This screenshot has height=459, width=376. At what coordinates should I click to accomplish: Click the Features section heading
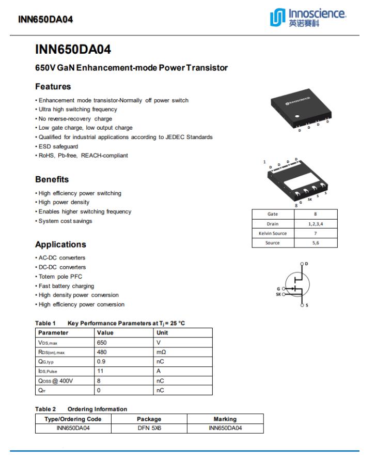point(53,86)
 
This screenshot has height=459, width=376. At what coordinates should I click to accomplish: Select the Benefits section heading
point(52,179)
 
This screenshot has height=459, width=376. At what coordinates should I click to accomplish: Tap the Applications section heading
point(60,244)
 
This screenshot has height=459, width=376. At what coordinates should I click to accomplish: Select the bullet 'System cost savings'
point(65,221)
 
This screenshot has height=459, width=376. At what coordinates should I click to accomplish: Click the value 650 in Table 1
point(102,342)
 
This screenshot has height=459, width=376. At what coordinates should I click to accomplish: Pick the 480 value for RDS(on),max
point(102,352)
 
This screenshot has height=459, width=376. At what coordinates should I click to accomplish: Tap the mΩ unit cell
point(161,352)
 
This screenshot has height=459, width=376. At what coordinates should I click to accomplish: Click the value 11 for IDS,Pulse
point(100,371)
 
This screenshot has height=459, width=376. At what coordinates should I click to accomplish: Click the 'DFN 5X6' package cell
point(149,428)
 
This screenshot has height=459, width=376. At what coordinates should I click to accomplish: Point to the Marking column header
point(225,419)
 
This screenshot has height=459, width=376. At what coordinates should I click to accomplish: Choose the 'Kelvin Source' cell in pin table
point(273,233)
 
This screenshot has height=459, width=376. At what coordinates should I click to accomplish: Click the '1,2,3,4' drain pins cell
point(316,224)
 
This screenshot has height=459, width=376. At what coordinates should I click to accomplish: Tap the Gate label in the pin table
point(273,214)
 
